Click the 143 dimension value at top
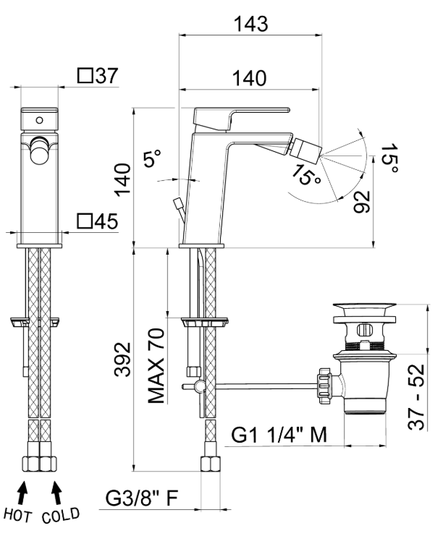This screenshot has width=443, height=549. tap(250, 23)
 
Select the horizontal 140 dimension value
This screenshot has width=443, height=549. tap(248, 77)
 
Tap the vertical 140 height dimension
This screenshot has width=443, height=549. tap(122, 180)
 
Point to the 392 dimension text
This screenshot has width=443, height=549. tap(122, 357)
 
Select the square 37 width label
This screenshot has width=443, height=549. tap(97, 76)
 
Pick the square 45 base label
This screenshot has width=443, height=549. tap(97, 221)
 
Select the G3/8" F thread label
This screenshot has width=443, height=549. tap(143, 498)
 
